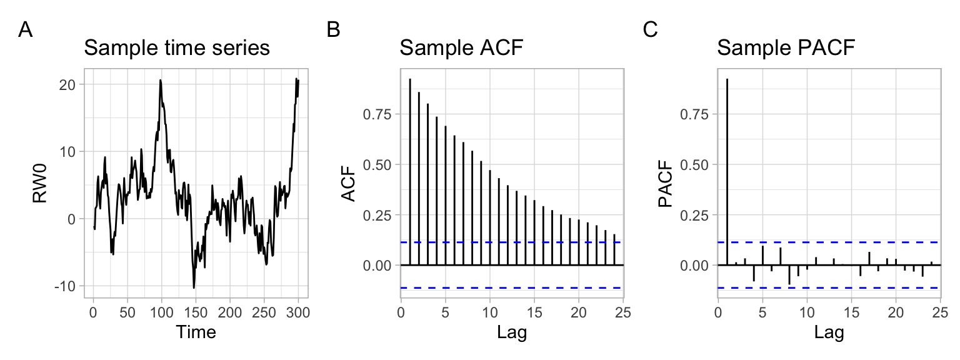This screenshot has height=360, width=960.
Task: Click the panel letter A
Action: click(x=26, y=29)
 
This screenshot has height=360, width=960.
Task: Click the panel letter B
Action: click(x=334, y=29)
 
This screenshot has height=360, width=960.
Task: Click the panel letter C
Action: click(x=651, y=29)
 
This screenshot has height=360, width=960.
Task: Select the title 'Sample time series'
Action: click(x=177, y=48)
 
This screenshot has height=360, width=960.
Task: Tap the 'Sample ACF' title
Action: click(x=461, y=48)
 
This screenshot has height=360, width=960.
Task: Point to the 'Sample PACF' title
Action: click(x=786, y=48)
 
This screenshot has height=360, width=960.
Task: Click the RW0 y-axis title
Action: click(x=41, y=186)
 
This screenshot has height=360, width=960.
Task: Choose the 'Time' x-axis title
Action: click(x=196, y=332)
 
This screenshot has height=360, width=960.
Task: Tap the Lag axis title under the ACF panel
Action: click(x=512, y=332)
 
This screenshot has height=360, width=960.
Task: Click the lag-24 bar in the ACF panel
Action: click(x=615, y=250)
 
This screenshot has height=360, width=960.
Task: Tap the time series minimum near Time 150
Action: click(x=194, y=287)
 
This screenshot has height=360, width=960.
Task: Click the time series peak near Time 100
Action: click(x=160, y=80)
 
